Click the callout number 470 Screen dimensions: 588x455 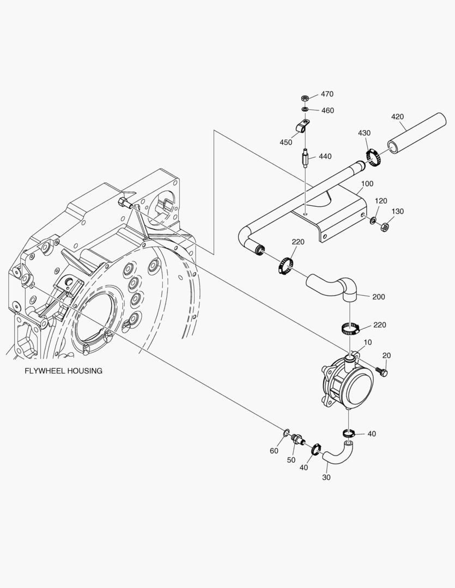(x=327, y=94)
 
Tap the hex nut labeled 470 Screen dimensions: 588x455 (x=306, y=99)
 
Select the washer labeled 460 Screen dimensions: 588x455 (x=306, y=109)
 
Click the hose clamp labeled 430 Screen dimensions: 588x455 (x=373, y=158)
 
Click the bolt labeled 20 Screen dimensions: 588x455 (x=383, y=372)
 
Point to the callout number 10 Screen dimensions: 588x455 (x=368, y=342)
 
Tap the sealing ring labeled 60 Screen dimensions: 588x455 (x=286, y=433)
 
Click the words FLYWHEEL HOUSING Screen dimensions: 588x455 (x=64, y=371)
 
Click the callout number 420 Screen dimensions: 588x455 (x=398, y=117)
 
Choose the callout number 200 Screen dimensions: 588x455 (x=379, y=297)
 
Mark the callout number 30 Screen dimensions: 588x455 (x=326, y=477)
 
